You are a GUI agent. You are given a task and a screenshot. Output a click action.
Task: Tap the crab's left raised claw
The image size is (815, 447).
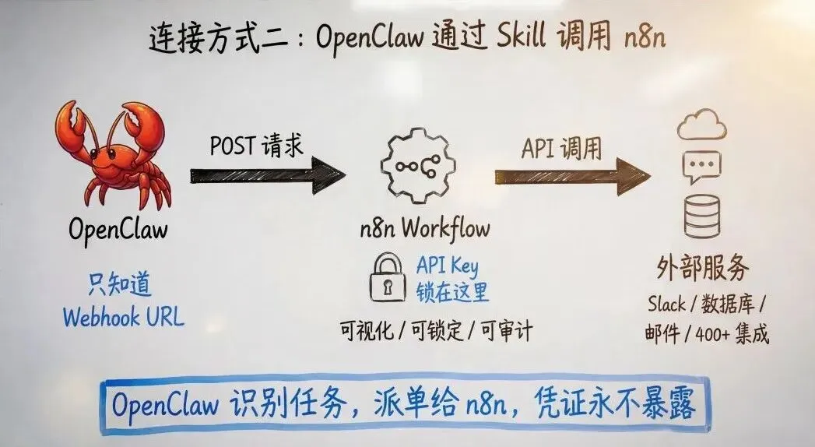71,129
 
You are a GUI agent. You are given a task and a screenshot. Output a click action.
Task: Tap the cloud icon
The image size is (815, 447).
701,125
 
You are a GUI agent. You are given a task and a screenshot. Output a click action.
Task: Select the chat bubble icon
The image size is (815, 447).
701,166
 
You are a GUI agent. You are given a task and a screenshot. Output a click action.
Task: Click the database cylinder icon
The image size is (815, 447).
701,214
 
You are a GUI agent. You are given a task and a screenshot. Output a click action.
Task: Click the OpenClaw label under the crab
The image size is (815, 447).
118,230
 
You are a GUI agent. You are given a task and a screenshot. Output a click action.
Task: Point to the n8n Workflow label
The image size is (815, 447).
424,229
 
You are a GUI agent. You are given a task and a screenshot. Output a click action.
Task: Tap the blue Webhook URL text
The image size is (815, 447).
123,318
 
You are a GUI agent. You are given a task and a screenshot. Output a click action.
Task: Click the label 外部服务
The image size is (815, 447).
703,269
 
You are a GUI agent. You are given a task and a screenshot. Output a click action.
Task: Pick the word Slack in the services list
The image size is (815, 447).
666,304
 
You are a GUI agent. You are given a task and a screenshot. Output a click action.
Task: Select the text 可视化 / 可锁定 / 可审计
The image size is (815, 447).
436,331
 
